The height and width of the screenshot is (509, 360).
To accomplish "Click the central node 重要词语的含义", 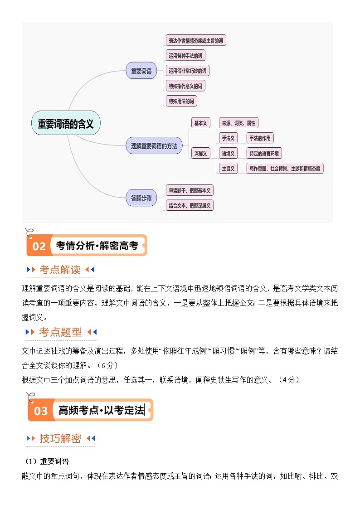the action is click(x=66, y=124).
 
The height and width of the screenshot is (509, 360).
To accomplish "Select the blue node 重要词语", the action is click(x=141, y=71).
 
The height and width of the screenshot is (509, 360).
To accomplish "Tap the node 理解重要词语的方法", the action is click(x=154, y=146).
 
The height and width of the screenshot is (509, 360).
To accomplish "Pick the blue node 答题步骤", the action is click(x=141, y=198).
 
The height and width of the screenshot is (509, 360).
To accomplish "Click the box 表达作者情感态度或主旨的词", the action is click(x=195, y=40).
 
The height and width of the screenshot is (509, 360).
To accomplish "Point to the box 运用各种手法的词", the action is click(x=185, y=56).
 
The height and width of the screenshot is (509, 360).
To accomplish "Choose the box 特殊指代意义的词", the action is click(x=185, y=86).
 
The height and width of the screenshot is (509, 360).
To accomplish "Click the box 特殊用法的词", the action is click(x=181, y=101).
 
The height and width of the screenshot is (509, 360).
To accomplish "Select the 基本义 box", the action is click(x=200, y=123).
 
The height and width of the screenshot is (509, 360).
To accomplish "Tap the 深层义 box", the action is click(x=200, y=154).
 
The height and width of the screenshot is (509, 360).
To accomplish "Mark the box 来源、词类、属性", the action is click(x=238, y=123).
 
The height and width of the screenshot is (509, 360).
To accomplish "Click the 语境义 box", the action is click(x=228, y=153).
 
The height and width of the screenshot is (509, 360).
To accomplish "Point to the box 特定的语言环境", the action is click(x=264, y=153).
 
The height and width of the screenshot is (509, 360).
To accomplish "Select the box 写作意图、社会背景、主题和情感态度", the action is click(x=285, y=169).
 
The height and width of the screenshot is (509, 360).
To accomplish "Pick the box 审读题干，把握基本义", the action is click(x=190, y=190).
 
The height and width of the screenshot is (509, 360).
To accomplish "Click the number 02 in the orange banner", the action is click(x=39, y=246).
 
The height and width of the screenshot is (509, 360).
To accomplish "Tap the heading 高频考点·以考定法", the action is click(x=101, y=411).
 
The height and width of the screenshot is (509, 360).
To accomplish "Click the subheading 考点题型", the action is click(x=61, y=332).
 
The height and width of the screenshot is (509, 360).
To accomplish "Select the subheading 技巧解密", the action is click(x=60, y=439).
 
